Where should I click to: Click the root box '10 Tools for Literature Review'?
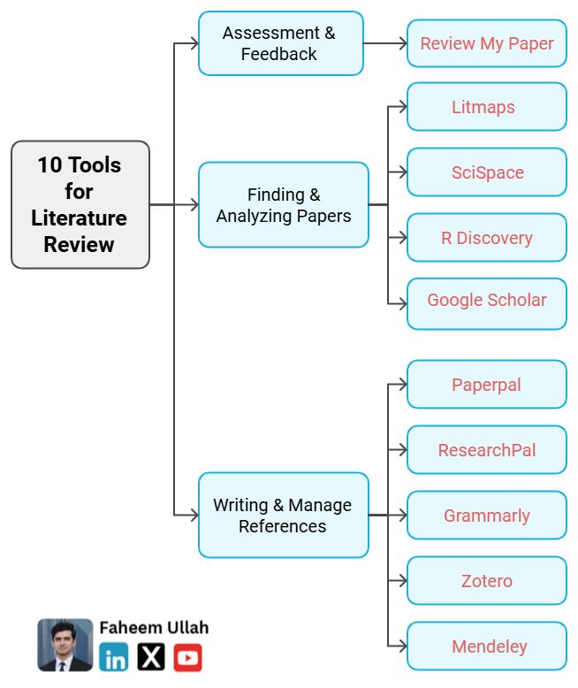80,204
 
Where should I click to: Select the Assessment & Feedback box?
280,43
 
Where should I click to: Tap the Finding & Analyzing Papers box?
283,204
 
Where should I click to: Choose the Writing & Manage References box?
283,515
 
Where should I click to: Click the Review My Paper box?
486,43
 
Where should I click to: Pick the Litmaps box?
486,107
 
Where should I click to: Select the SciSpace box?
486,172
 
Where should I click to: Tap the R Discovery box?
486,238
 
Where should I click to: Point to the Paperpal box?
486,385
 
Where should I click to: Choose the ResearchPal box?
486,450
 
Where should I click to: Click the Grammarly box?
486,516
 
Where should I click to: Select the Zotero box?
486,581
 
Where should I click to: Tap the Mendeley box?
486,646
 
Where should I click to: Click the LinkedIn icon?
113,657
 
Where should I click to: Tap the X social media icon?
151,657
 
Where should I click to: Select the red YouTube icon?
187,657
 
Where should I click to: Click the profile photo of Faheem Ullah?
65,645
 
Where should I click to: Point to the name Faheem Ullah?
154,628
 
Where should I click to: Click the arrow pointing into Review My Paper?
399,43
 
